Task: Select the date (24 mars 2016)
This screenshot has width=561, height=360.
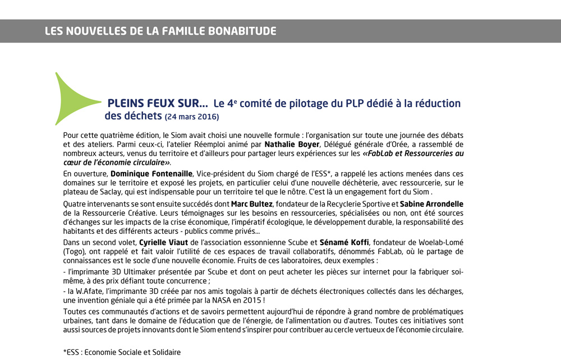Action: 191,117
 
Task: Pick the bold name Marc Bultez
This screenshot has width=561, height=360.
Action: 251,204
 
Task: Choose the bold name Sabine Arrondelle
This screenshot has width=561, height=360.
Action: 431,204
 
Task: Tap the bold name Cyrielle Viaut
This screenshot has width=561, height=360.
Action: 163,242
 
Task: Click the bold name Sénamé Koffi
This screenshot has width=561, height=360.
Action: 344,242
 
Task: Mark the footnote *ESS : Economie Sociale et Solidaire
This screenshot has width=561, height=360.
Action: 122,352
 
